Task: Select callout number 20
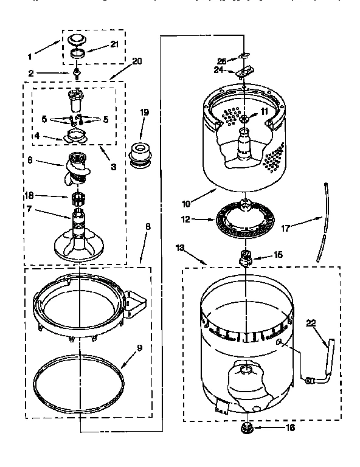tap(137, 61)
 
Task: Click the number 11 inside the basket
tap(247, 112)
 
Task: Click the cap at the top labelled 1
tap(76, 41)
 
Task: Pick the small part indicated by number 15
tap(247, 258)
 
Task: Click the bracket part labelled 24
tap(243, 72)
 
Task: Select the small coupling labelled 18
tap(77, 197)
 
